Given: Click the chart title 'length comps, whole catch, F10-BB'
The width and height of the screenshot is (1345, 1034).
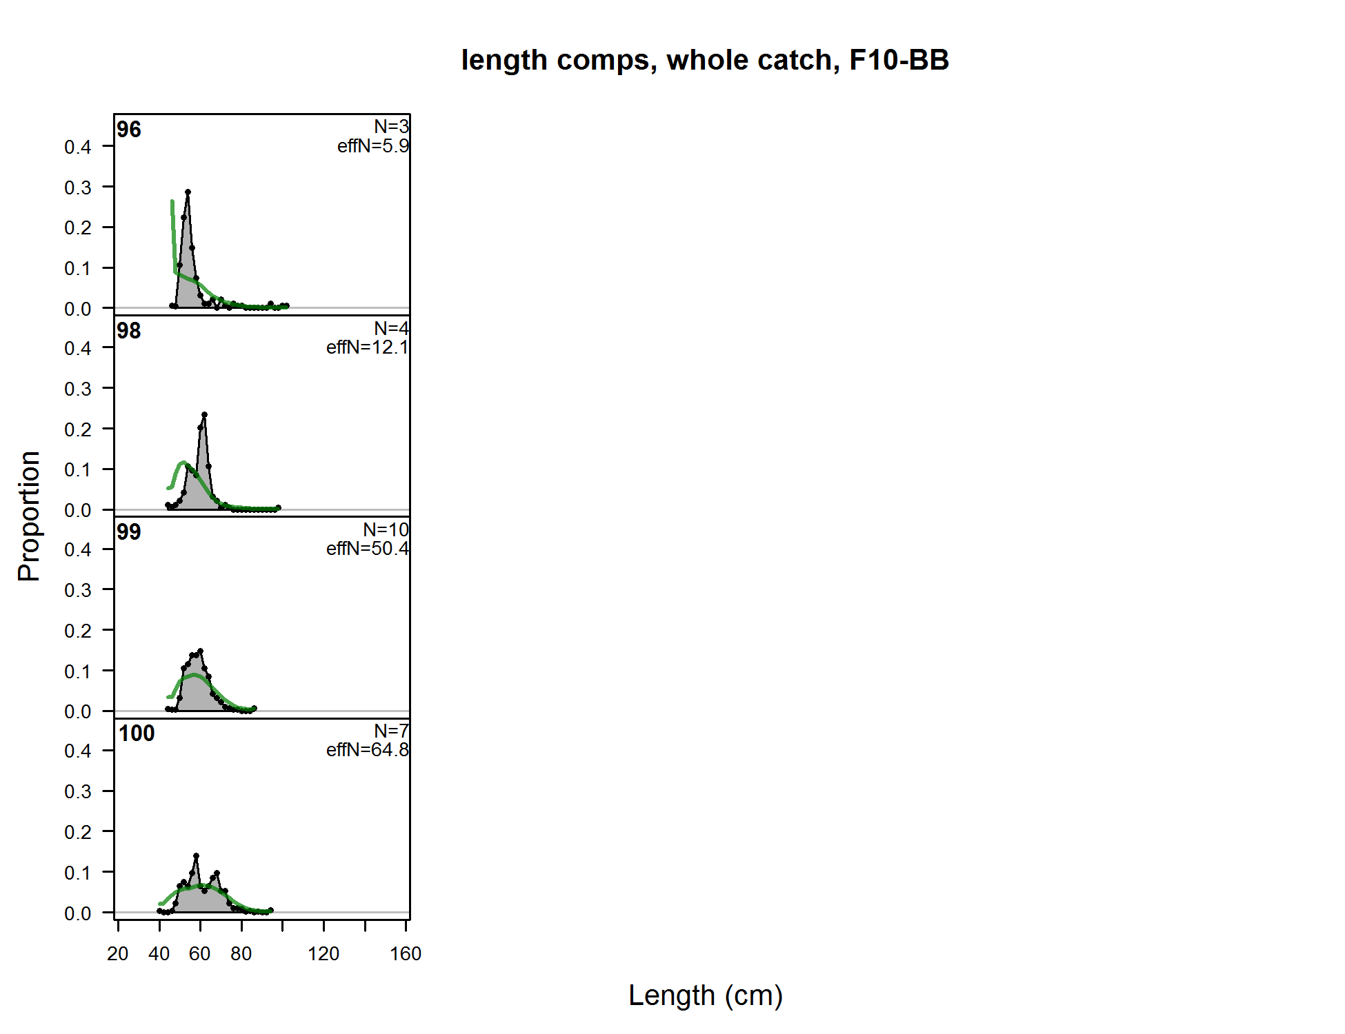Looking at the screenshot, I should click(x=705, y=60).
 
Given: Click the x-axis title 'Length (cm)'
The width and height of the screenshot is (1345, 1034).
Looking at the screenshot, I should click(x=705, y=995).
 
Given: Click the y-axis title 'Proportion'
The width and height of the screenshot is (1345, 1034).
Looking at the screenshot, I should click(x=29, y=516).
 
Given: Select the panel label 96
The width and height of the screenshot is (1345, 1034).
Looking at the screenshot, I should click(x=129, y=130).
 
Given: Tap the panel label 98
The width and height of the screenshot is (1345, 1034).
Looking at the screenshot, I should click(x=129, y=331).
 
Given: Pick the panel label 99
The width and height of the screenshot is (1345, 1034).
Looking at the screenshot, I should click(x=129, y=532).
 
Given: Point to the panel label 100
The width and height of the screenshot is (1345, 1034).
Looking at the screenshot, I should click(x=137, y=733).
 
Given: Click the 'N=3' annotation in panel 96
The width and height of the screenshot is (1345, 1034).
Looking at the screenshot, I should click(x=391, y=127).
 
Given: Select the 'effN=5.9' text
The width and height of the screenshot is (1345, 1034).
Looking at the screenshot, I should click(x=372, y=146).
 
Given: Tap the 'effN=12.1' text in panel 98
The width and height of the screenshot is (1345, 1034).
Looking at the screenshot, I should click(x=367, y=347).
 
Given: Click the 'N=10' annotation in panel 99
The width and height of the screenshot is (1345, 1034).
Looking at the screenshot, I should click(x=386, y=529).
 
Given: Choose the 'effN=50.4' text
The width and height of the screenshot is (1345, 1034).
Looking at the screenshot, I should click(x=367, y=549).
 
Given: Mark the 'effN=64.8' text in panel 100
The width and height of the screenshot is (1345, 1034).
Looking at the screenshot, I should click(x=367, y=750).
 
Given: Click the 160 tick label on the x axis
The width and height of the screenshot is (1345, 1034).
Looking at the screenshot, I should click(x=406, y=954).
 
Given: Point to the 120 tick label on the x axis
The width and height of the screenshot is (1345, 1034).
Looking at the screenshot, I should click(x=323, y=954).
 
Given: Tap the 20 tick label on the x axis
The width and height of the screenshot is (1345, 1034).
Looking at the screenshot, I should click(x=118, y=954).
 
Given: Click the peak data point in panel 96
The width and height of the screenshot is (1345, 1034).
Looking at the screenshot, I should click(x=188, y=192).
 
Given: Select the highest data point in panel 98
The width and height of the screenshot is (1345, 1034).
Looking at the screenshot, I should click(x=204, y=415).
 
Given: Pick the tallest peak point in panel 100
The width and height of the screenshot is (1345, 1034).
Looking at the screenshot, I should click(x=197, y=856).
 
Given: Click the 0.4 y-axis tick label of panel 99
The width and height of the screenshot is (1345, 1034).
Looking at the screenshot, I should click(x=78, y=549).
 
